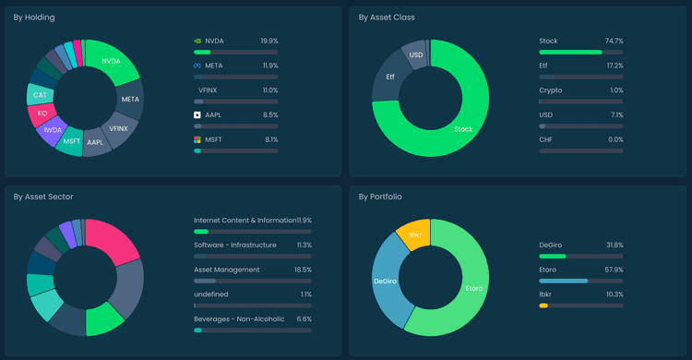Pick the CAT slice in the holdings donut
(x=41, y=95)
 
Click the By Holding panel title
(x=35, y=17)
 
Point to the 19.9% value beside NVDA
(x=268, y=41)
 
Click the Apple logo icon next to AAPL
(x=197, y=114)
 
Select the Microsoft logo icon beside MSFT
(x=197, y=139)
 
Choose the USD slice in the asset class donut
(x=415, y=55)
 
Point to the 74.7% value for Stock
(x=614, y=41)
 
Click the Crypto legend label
(x=552, y=90)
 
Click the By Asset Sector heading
(x=43, y=197)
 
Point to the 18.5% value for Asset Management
(x=302, y=270)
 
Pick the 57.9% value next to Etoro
(x=614, y=270)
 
